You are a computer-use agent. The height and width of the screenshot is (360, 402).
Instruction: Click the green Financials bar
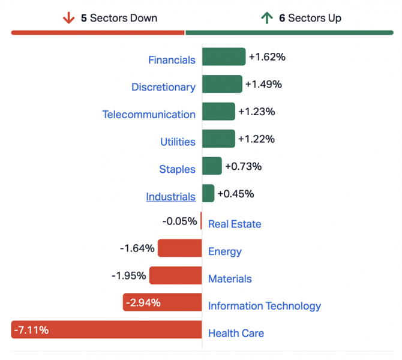[x=224, y=57]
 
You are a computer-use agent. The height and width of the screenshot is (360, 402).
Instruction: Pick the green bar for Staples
[x=212, y=166]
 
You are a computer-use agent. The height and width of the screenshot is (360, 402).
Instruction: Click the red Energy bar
[x=180, y=248]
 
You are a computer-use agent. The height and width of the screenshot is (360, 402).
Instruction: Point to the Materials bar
[x=175, y=275]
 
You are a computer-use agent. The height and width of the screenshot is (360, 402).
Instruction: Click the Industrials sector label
[x=170, y=197]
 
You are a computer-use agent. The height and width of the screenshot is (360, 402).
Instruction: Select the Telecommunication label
[x=149, y=115]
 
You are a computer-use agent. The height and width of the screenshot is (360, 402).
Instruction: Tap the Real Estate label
[x=235, y=224]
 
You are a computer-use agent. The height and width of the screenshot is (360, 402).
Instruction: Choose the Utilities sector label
[x=178, y=142]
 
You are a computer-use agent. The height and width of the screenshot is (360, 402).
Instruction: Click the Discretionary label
[x=163, y=87]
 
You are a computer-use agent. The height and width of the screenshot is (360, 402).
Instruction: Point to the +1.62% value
[x=266, y=57]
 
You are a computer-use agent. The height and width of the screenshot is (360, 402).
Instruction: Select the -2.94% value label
[x=143, y=303]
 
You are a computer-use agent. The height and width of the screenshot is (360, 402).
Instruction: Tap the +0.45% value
[x=235, y=194]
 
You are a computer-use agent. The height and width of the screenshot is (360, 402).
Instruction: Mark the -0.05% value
[x=179, y=221]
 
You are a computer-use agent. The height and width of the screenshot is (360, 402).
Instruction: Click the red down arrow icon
[x=68, y=18]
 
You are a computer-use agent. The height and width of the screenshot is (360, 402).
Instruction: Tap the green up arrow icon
[x=267, y=18]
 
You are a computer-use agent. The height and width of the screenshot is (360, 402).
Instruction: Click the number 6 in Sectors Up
[x=282, y=18]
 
